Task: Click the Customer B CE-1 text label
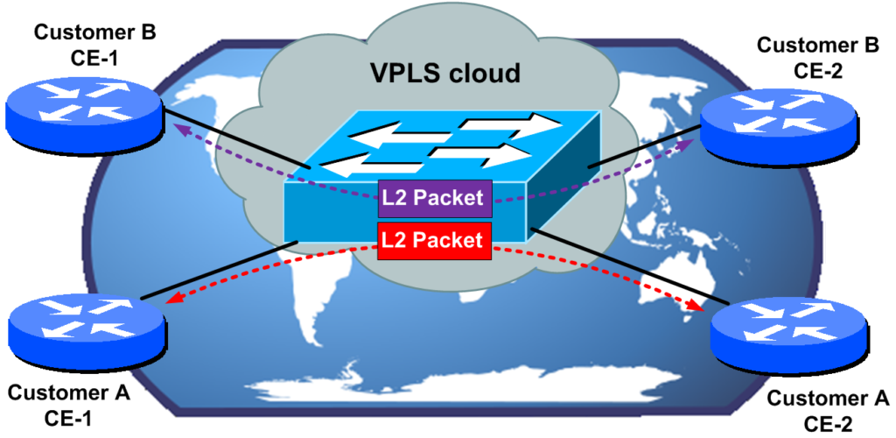tap(95, 46)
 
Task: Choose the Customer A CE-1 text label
tap(69, 402)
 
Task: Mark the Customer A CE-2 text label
tap(828, 412)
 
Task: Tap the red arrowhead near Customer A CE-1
tap(174, 300)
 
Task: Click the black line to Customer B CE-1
tap(236, 140)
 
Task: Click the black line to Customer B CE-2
tap(643, 149)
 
